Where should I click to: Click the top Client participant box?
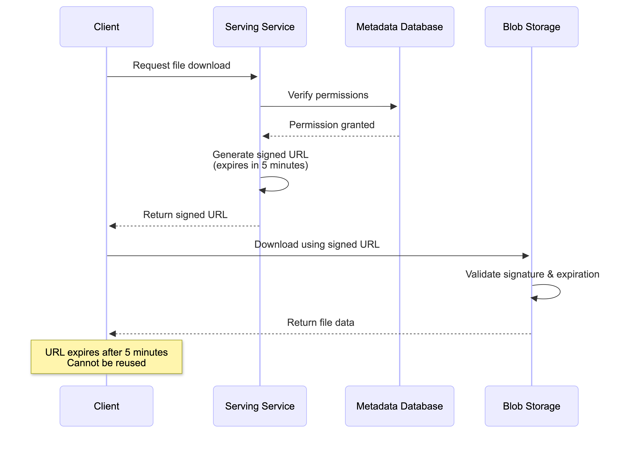point(106,27)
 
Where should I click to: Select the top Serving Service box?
point(260,27)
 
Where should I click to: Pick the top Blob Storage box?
point(531,27)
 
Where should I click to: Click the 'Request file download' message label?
point(181,65)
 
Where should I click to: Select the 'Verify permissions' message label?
point(328,95)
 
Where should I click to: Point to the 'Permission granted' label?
point(332,125)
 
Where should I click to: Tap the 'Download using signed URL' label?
point(317,244)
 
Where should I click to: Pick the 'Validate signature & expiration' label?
point(532,274)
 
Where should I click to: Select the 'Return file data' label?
point(320,322)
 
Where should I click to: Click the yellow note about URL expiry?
point(106,357)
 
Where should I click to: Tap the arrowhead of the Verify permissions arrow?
point(394,106)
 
